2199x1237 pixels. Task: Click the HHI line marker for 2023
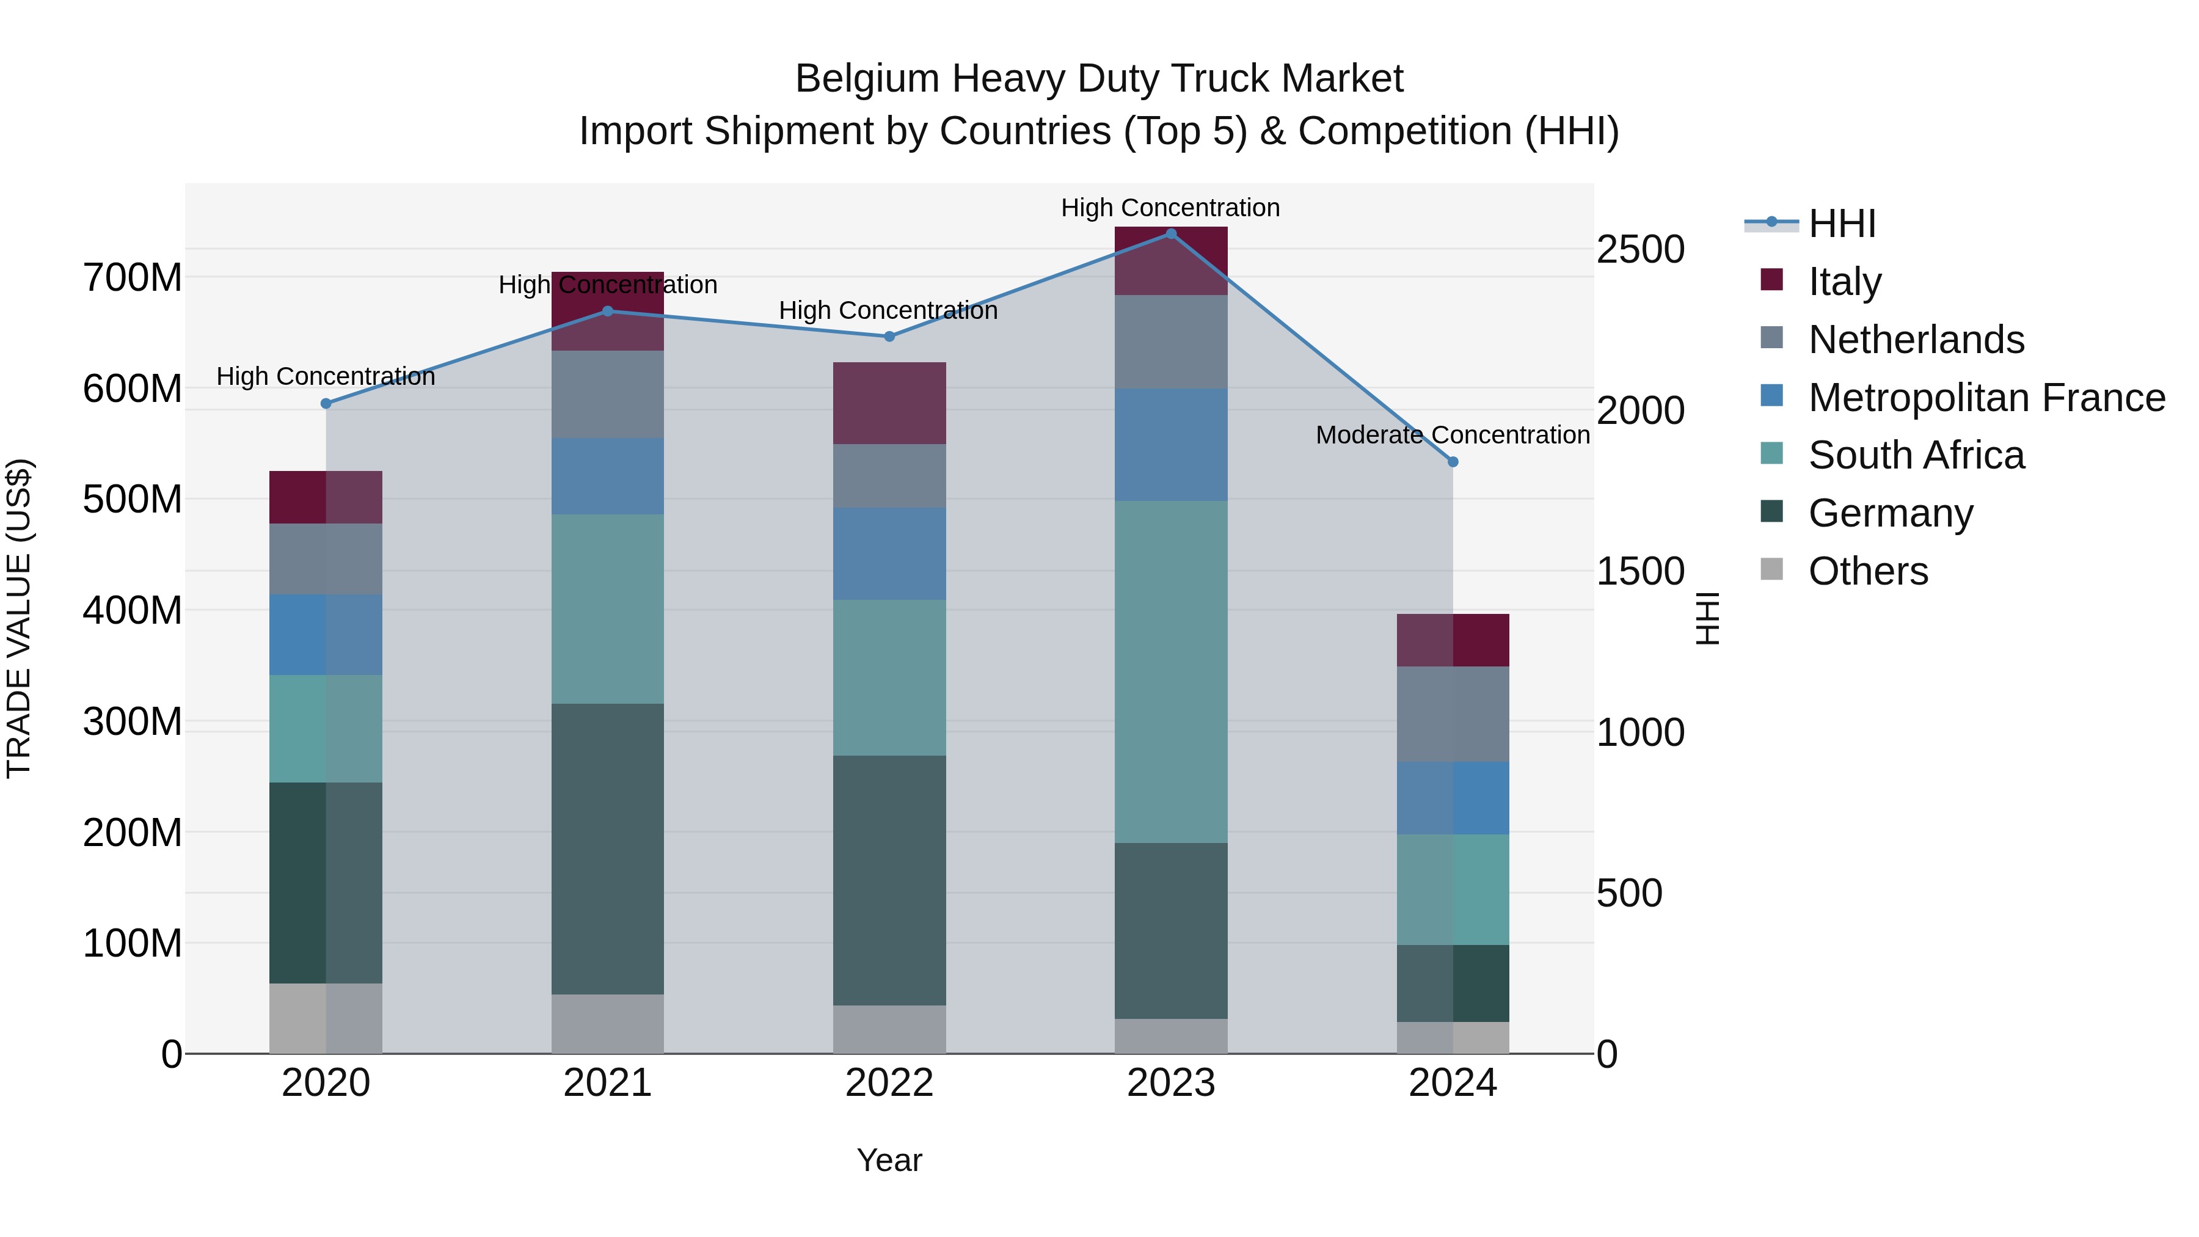point(1170,233)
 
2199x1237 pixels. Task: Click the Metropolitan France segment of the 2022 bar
point(889,553)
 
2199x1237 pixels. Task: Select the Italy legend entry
point(1844,281)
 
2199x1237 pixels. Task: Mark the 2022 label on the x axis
point(889,1082)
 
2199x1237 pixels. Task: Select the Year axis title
point(889,1159)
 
